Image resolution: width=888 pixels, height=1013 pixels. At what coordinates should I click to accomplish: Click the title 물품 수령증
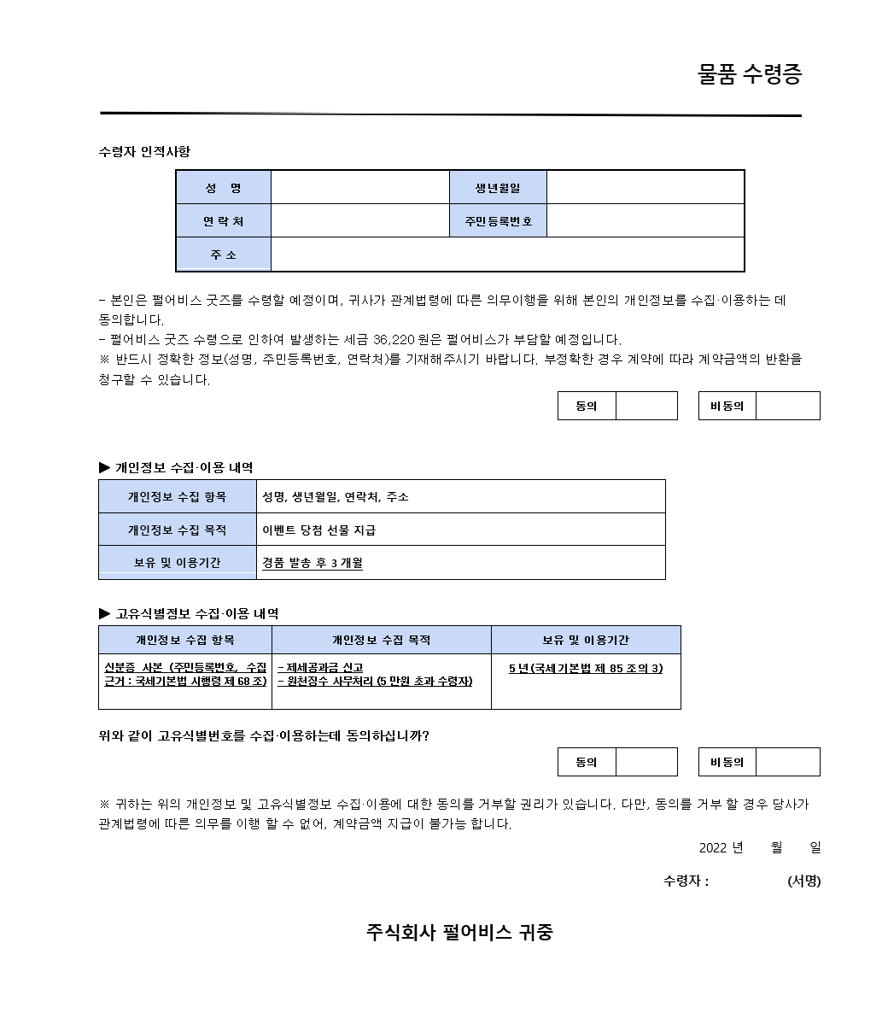click(750, 75)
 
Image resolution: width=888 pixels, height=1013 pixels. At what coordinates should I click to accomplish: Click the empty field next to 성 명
click(359, 188)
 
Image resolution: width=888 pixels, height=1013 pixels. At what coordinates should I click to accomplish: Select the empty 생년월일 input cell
click(645, 188)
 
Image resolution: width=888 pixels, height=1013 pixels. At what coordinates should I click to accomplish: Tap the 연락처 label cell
click(223, 221)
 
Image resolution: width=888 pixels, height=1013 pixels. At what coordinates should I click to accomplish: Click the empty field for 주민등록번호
click(645, 221)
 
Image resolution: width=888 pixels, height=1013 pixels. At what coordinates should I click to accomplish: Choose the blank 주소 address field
click(506, 255)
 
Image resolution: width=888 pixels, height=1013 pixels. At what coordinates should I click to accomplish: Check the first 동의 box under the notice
click(646, 406)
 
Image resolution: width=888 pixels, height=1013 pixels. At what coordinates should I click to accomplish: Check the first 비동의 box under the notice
click(787, 406)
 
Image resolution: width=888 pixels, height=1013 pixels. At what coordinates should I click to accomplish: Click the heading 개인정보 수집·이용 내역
click(184, 468)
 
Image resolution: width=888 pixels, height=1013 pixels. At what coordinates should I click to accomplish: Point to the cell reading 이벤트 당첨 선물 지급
click(318, 530)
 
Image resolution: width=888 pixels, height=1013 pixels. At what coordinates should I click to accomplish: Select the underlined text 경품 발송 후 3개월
click(313, 563)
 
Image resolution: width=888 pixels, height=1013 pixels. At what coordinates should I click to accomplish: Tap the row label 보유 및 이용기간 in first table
click(178, 563)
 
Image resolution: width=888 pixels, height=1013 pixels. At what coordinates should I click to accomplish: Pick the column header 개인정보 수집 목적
click(381, 640)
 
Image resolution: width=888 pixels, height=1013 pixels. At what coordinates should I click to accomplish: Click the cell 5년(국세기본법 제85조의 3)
click(586, 669)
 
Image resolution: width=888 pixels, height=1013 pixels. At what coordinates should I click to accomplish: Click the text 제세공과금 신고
click(323, 668)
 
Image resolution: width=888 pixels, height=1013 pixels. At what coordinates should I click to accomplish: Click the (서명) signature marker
click(803, 881)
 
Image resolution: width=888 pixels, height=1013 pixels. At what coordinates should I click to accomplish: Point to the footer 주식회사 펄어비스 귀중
click(459, 932)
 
